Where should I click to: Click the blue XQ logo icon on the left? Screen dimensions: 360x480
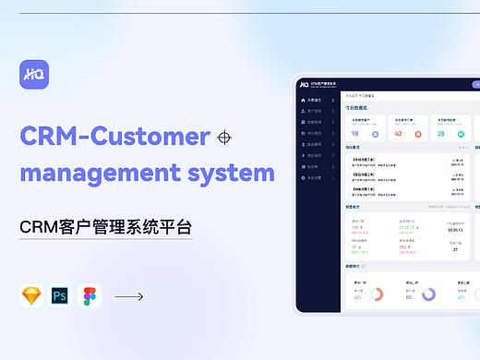[34, 76]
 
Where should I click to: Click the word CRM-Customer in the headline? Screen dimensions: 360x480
[114, 137]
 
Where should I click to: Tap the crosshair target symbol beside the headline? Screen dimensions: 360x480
[222, 138]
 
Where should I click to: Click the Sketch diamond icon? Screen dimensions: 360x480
[32, 296]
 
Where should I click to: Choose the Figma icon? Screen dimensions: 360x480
[90, 296]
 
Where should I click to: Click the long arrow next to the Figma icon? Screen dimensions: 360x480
[128, 296]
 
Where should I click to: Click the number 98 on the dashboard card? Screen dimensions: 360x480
[354, 133]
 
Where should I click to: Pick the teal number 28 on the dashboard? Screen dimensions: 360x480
[441, 133]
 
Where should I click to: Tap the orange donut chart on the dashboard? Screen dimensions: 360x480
[378, 295]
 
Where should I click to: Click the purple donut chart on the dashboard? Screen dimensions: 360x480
[428, 295]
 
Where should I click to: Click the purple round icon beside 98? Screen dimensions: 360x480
[378, 133]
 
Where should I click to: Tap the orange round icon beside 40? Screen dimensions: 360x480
[420, 133]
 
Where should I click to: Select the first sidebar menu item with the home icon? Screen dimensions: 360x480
[317, 100]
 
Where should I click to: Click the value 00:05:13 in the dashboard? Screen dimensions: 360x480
[455, 230]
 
